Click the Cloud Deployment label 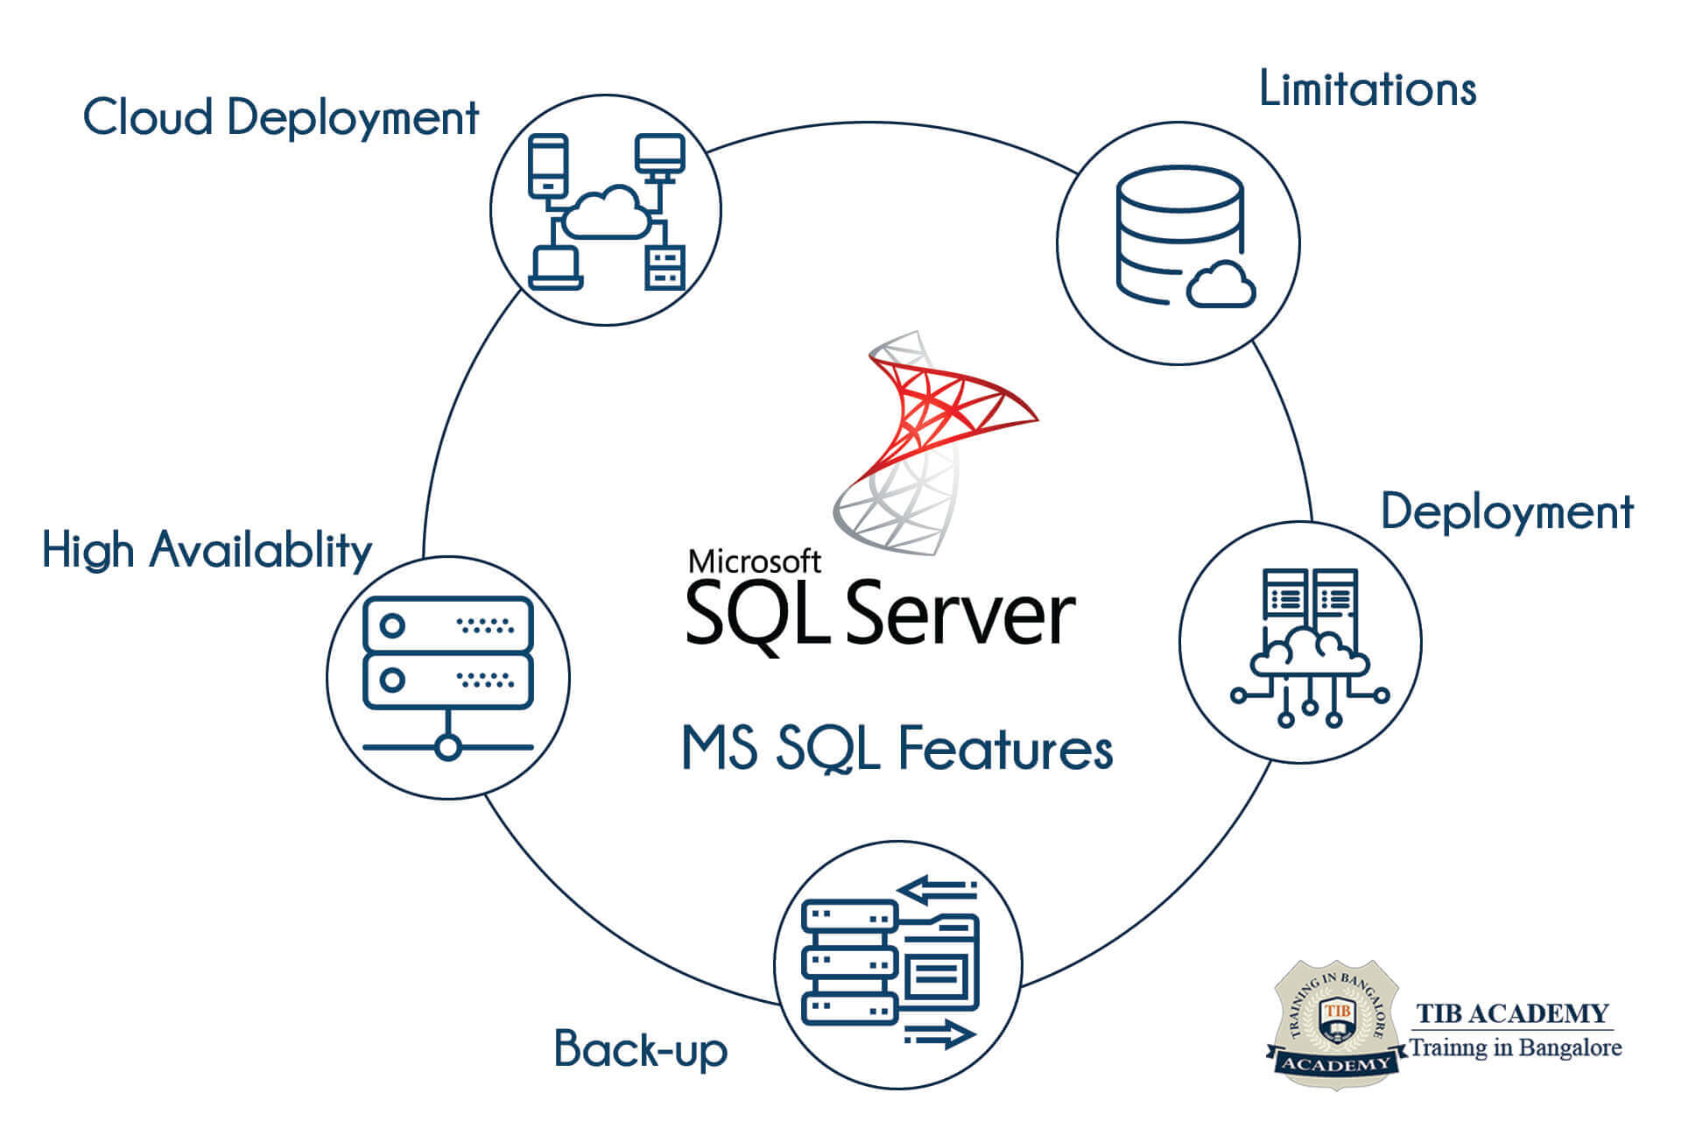280,118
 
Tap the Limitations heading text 1367,89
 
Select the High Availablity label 207,550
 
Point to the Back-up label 640,1048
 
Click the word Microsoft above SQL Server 754,561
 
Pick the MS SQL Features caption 897,750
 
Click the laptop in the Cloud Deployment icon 555,268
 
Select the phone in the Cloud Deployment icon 548,166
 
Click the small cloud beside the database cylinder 1221,285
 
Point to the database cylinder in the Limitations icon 1178,228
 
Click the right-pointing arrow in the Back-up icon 940,1034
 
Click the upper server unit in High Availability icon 447,625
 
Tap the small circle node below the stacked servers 447,747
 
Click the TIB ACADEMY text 1512,1014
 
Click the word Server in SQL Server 960,614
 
